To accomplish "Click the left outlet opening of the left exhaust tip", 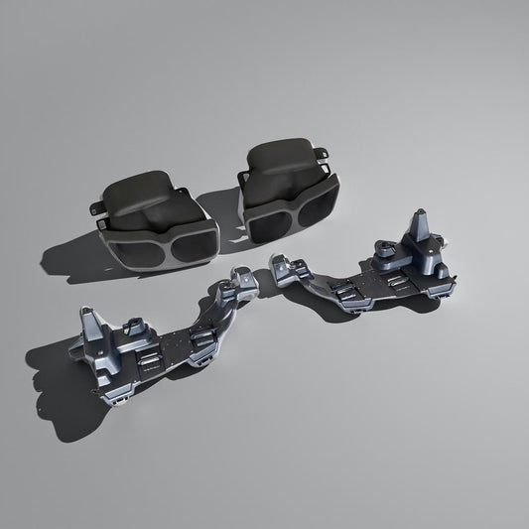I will (x=135, y=249).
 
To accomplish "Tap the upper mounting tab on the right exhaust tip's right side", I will (x=322, y=153).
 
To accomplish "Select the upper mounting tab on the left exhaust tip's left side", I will (x=94, y=207).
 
